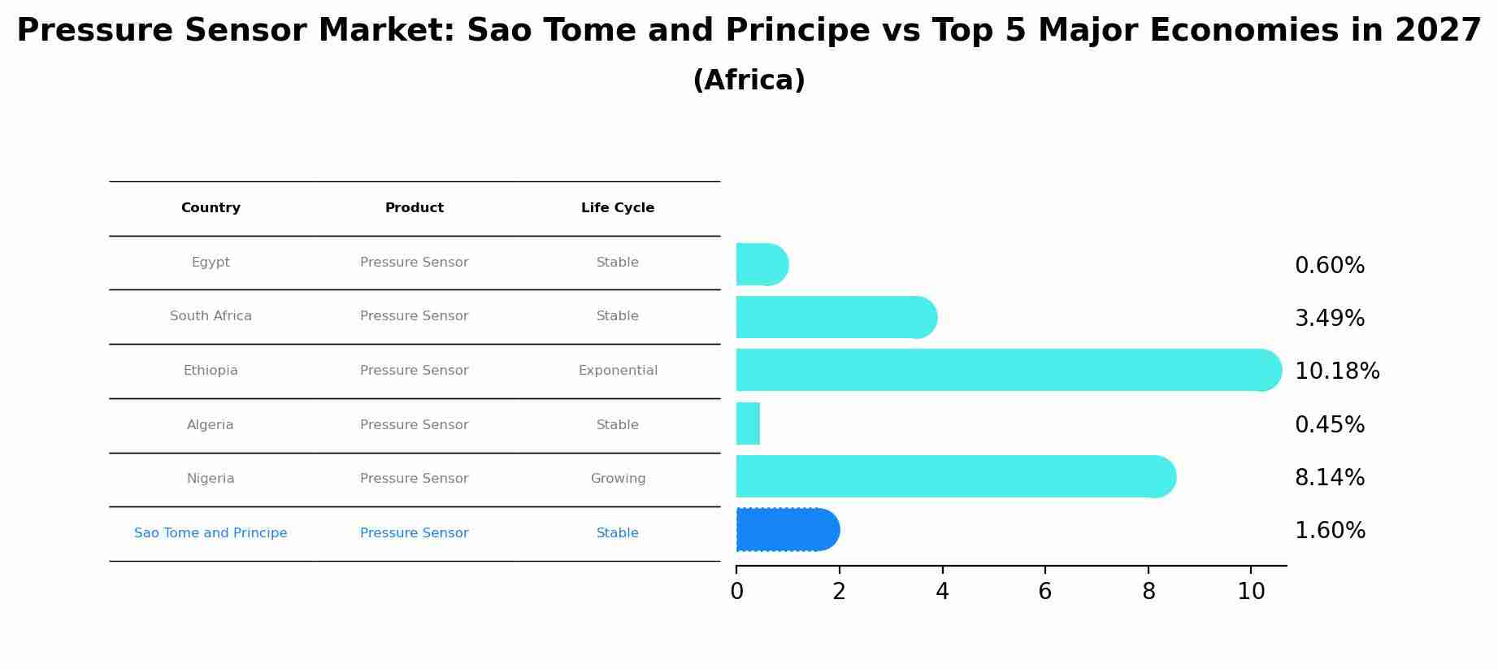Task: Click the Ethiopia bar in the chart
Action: [1008, 370]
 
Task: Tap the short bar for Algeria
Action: [748, 424]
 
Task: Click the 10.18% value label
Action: [1336, 371]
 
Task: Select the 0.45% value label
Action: [1329, 424]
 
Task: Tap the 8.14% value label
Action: [1329, 477]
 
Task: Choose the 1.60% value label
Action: [1329, 531]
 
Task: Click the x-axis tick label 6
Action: [1044, 592]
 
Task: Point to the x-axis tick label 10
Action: [1250, 592]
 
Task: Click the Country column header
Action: [211, 208]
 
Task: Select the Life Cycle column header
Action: [617, 208]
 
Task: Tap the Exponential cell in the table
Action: [618, 371]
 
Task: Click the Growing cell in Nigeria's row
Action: [618, 479]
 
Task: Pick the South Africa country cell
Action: [211, 316]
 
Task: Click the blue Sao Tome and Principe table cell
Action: [211, 533]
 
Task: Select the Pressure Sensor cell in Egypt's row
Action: [414, 263]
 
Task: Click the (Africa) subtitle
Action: [749, 80]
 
